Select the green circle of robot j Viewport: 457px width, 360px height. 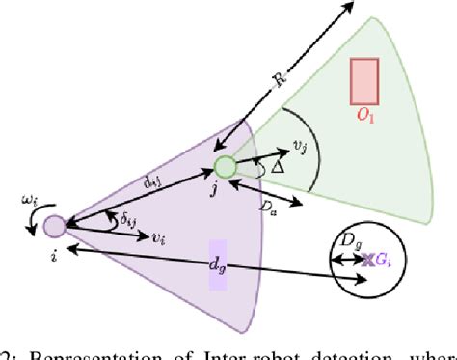(225, 167)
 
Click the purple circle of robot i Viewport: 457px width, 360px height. (53, 226)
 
